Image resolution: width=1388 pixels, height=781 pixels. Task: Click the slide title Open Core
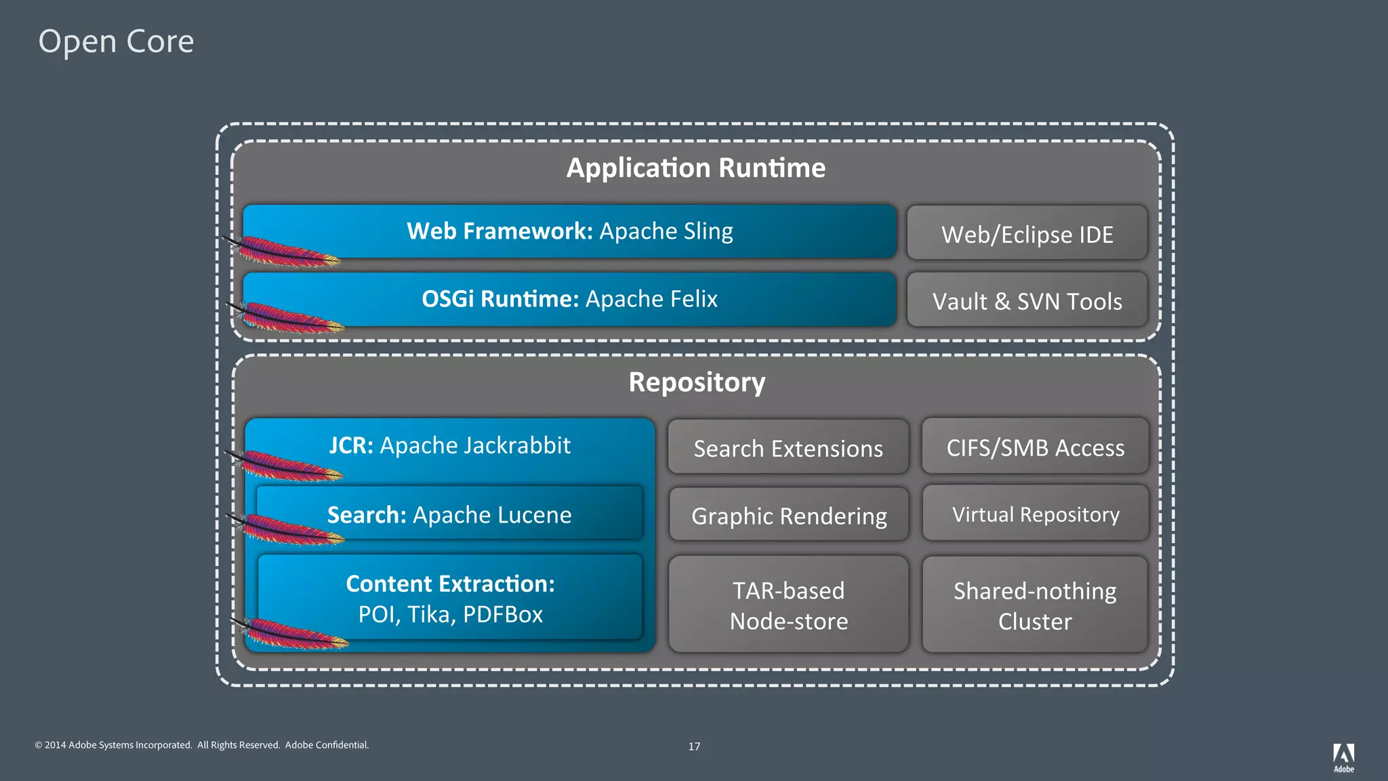[x=116, y=41]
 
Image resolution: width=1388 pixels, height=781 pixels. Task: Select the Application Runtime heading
[x=696, y=167]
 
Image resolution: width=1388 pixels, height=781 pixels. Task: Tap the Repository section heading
[x=697, y=382]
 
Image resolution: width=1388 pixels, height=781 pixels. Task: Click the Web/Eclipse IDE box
[x=1027, y=234]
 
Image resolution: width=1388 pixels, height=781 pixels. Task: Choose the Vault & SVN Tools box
[x=1027, y=301]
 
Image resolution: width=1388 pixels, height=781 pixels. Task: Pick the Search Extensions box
[x=788, y=447]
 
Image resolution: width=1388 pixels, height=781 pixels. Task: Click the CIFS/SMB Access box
[x=1035, y=447]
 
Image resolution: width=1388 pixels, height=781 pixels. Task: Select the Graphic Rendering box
[x=788, y=515]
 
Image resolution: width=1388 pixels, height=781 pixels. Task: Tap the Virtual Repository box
[x=1035, y=514]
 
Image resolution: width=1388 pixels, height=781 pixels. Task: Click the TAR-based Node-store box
[x=788, y=605]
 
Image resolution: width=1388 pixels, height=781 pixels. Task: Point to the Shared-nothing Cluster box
[x=1035, y=605]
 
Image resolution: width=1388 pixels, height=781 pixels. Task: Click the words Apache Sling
[x=666, y=231]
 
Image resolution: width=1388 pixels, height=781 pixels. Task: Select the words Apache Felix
[x=651, y=299]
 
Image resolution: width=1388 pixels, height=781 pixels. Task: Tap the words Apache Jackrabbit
[x=475, y=445]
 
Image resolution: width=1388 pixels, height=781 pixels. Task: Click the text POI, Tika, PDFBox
[x=450, y=614]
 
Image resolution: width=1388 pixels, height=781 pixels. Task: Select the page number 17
[x=694, y=746]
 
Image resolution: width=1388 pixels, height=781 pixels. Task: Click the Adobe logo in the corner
[x=1343, y=757]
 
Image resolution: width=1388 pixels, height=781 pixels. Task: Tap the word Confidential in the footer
[x=342, y=745]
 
